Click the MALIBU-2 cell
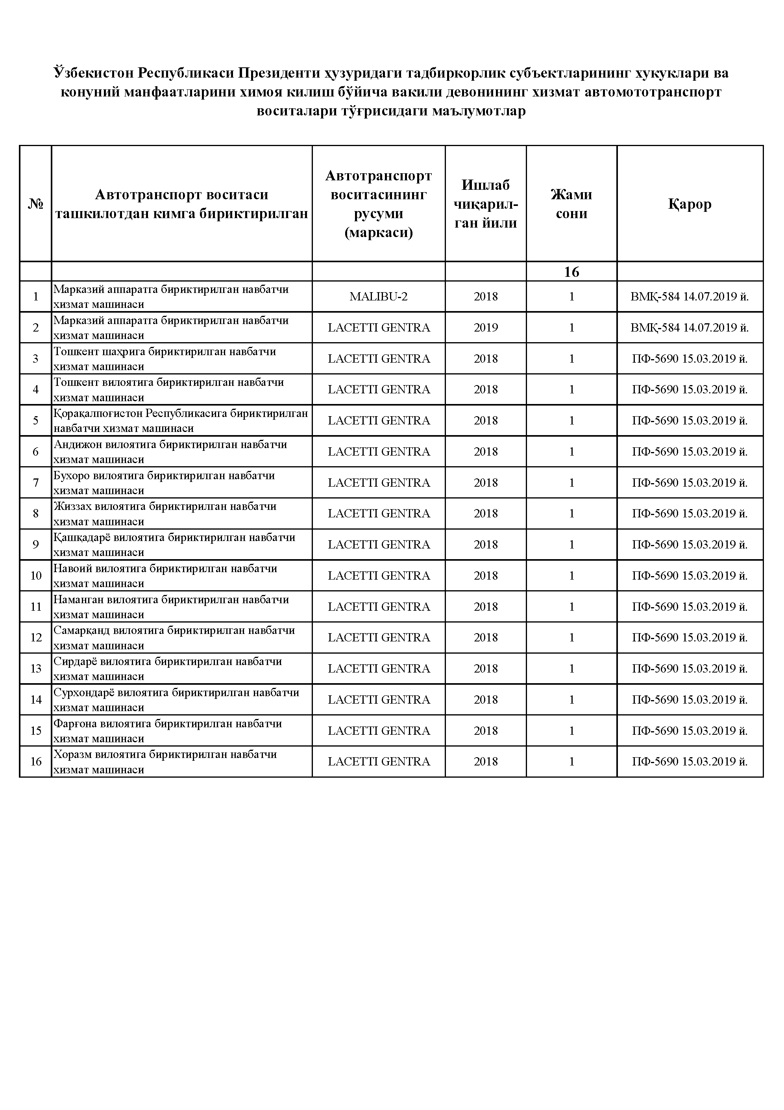point(379,296)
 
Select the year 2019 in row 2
point(485,327)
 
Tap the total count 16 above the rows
point(571,272)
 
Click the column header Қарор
point(690,204)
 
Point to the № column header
point(35,204)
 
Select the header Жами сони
point(571,204)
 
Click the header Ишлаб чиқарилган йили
point(485,204)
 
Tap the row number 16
point(36,762)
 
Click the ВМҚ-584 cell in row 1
point(690,296)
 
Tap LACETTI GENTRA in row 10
point(379,575)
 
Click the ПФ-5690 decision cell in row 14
point(690,700)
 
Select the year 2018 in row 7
point(485,482)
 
